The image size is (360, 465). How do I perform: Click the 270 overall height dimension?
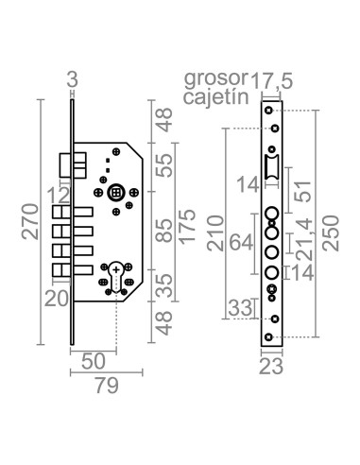click(x=30, y=222)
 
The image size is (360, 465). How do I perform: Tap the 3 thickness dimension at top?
click(x=72, y=79)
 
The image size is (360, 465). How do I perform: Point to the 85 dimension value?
click(x=164, y=231)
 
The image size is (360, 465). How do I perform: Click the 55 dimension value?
click(x=164, y=164)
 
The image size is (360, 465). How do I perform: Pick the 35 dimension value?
click(x=164, y=285)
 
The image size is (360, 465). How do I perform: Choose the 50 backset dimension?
click(x=94, y=361)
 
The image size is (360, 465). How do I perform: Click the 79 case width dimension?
click(x=107, y=386)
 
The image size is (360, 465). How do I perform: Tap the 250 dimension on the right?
click(x=331, y=233)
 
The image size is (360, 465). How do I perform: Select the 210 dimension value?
click(x=215, y=233)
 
